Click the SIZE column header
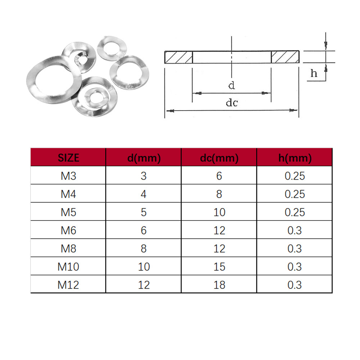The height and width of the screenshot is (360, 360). [68, 157]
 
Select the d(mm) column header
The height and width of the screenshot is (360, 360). [144, 157]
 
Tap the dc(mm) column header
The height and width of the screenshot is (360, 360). [219, 157]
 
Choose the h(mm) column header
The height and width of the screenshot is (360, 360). [294, 157]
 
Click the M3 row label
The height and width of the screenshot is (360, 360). [68, 176]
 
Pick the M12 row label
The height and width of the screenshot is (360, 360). [68, 285]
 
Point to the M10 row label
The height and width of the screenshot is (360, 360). [68, 267]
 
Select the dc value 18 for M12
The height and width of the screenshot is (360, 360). [219, 285]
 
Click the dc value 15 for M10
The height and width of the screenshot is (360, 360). [219, 267]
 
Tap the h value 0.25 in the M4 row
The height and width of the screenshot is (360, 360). [294, 194]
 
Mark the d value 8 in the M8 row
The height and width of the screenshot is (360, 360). [144, 248]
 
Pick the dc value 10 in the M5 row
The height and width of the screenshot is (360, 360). [219, 212]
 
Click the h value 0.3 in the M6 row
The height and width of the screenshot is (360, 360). [294, 230]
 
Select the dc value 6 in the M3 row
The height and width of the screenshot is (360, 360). [219, 176]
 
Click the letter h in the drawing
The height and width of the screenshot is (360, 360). [314, 73]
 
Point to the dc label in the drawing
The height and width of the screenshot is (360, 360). [232, 103]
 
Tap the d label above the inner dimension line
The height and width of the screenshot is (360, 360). [232, 86]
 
